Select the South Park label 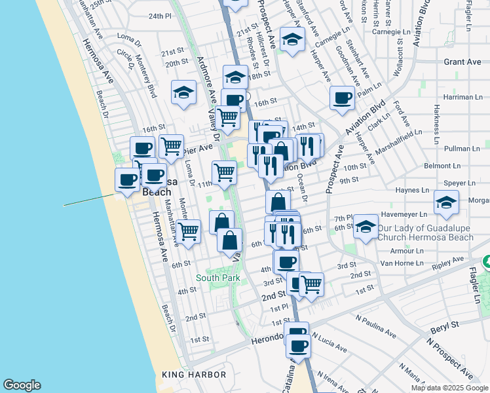coord(217,278)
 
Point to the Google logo coord(22,385)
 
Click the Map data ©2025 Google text coord(449,388)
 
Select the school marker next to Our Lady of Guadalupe coord(366,227)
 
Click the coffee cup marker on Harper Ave coord(341,99)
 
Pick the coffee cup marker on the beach coord(127,178)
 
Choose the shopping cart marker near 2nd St coord(311,284)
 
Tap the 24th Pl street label coord(159,16)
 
